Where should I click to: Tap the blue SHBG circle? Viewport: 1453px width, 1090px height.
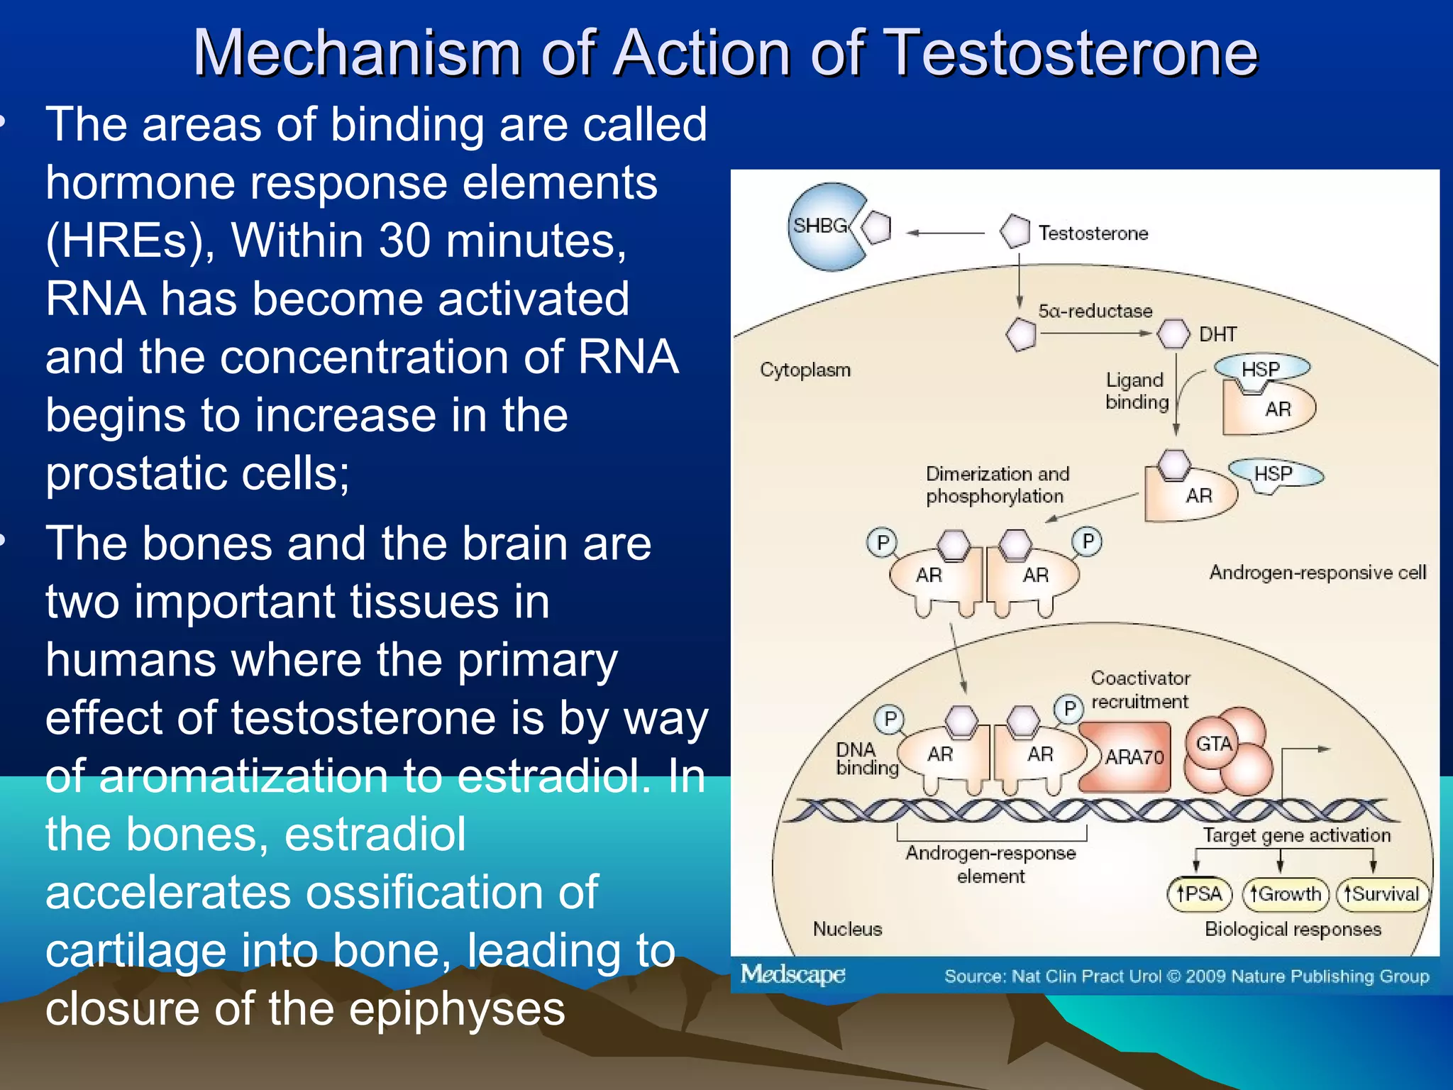point(823,227)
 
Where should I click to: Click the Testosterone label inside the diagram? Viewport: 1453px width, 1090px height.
point(1093,233)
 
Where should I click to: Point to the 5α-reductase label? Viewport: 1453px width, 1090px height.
point(1095,311)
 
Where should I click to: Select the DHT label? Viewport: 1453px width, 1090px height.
point(1217,334)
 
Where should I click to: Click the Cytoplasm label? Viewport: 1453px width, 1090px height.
point(805,370)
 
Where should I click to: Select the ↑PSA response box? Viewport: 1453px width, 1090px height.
point(1199,893)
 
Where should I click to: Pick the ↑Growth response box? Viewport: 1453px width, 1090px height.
point(1285,893)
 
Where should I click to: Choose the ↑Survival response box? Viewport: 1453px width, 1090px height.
point(1381,893)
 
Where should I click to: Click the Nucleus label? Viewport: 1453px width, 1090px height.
point(847,929)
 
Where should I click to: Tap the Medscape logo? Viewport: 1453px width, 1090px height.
point(792,974)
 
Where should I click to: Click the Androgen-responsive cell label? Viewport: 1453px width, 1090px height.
point(1317,572)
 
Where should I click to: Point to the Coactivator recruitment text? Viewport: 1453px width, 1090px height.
point(1140,690)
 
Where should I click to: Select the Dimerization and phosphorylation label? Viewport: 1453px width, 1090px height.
point(996,485)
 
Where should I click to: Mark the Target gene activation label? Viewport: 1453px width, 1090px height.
point(1296,835)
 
